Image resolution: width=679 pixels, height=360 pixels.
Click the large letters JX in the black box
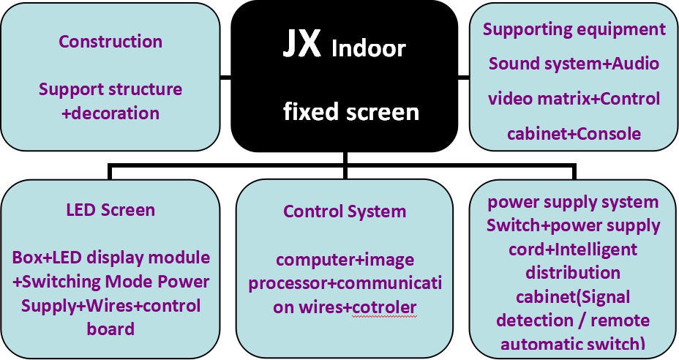pyautogui.click(x=301, y=45)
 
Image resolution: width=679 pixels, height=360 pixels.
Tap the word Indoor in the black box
pyautogui.click(x=368, y=49)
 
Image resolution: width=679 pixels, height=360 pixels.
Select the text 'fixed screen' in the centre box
pyautogui.click(x=351, y=112)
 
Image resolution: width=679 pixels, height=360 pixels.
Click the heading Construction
pyautogui.click(x=110, y=41)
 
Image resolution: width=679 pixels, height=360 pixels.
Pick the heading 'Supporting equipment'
pyautogui.click(x=574, y=29)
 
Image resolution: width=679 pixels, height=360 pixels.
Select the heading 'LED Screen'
pyautogui.click(x=110, y=210)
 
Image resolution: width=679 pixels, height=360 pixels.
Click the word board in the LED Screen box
pyautogui.click(x=110, y=329)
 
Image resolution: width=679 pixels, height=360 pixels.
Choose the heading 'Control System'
pyautogui.click(x=345, y=211)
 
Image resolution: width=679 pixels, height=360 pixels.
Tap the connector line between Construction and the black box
pyautogui.click(x=225, y=75)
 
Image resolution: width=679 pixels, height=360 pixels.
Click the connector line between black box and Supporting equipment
pyautogui.click(x=463, y=75)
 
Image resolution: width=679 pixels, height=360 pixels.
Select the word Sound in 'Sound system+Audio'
pyautogui.click(x=511, y=64)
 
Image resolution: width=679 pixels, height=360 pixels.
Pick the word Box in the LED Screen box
pyautogui.click(x=27, y=258)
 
